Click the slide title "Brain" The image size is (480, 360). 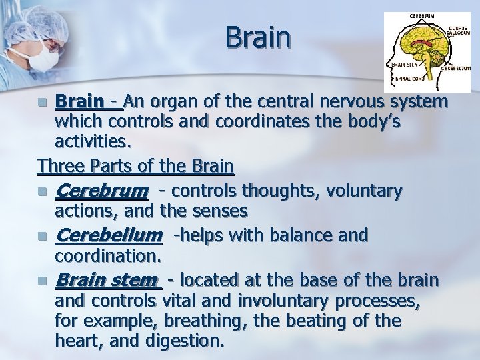click(258, 37)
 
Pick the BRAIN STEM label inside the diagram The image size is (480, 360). click(403, 65)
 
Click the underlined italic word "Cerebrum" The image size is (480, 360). click(101, 191)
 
